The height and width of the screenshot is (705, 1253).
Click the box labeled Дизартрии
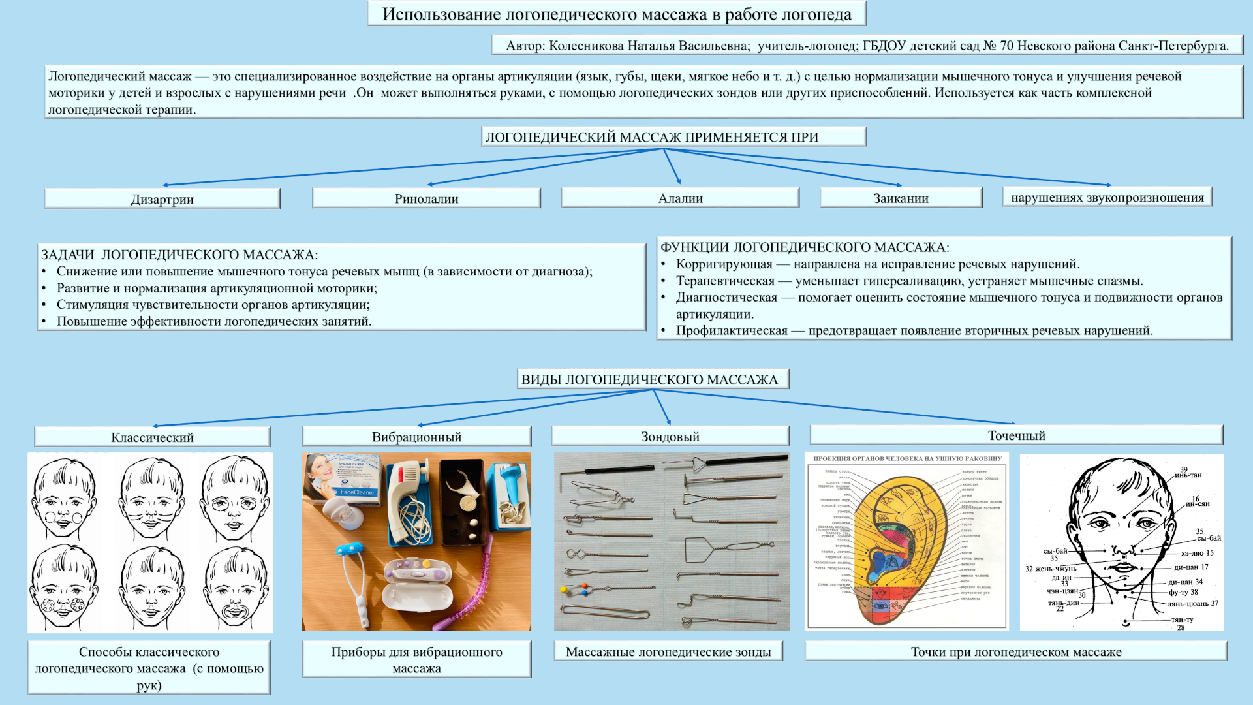coord(162,199)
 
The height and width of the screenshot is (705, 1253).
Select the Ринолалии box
coord(426,198)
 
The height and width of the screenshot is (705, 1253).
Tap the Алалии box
coord(680,198)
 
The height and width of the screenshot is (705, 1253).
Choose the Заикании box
coord(901,198)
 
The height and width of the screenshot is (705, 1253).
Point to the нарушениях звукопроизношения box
coord(1107,197)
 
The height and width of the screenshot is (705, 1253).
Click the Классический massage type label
coord(152,437)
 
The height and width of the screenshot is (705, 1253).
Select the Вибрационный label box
coord(416,437)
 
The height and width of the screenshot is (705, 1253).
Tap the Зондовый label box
coord(670,436)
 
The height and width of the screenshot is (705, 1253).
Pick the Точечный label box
coord(1016,435)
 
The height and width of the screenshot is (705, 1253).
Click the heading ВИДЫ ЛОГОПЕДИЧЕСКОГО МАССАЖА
coord(649,379)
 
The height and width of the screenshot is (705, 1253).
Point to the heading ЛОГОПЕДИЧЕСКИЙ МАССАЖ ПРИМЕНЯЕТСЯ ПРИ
coord(651,137)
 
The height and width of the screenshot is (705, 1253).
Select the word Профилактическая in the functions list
coord(731,331)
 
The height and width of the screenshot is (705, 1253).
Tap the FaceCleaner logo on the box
coord(357,492)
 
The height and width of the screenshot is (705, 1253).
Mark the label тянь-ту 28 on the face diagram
coord(1181,623)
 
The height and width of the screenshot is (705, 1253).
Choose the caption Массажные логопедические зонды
coord(668,651)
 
